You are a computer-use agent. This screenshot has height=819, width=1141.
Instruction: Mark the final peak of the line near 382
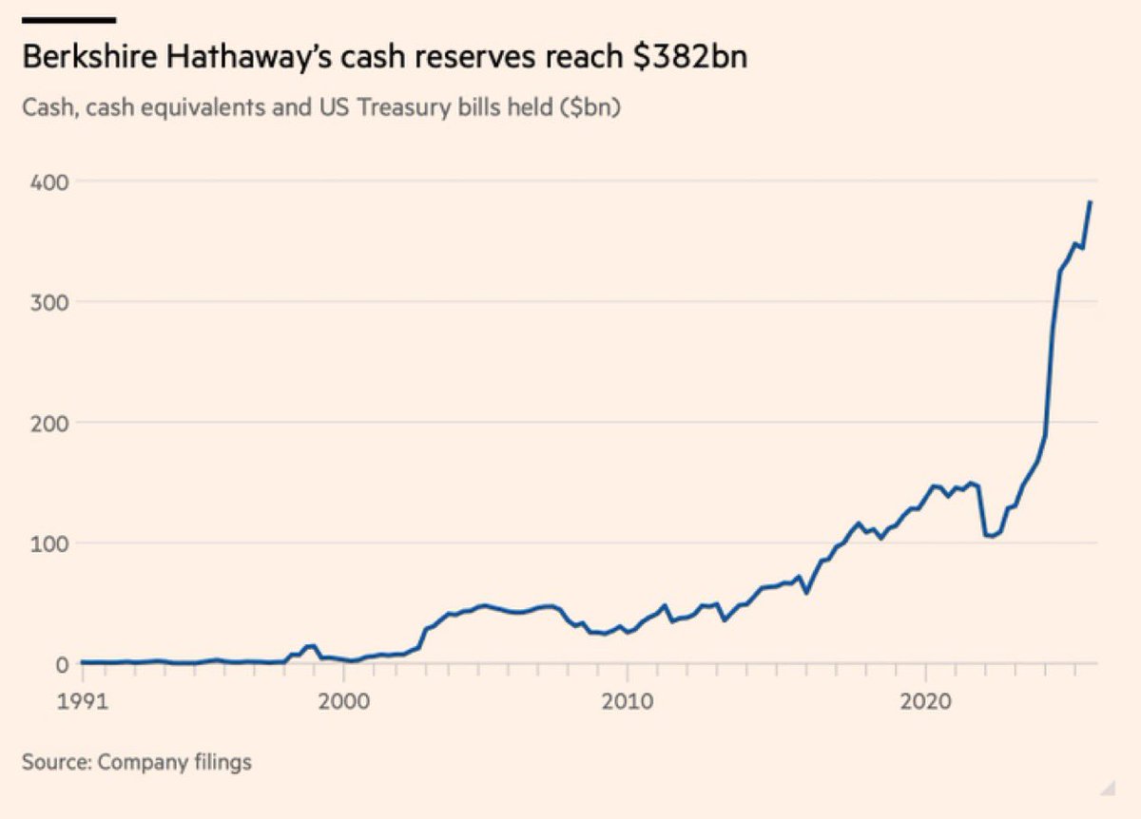point(1091,201)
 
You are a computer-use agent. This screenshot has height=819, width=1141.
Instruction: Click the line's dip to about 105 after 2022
point(991,536)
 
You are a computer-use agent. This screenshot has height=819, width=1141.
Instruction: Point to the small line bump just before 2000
point(310,646)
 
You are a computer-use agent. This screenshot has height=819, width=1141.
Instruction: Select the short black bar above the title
point(68,18)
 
